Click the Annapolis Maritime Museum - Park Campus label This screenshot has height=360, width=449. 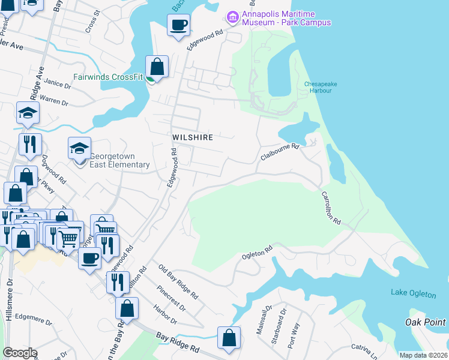[286, 18]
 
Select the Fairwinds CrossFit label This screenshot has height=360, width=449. [108, 77]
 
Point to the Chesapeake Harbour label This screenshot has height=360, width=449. [321, 88]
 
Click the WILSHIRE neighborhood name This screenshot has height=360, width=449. [193, 137]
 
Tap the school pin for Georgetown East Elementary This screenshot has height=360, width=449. [79, 148]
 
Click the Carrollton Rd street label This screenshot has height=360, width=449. [331, 208]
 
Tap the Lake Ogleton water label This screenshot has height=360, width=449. [411, 292]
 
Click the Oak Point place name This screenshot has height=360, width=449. [426, 322]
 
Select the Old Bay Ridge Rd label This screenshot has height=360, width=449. [178, 281]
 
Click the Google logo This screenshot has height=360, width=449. [20, 353]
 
